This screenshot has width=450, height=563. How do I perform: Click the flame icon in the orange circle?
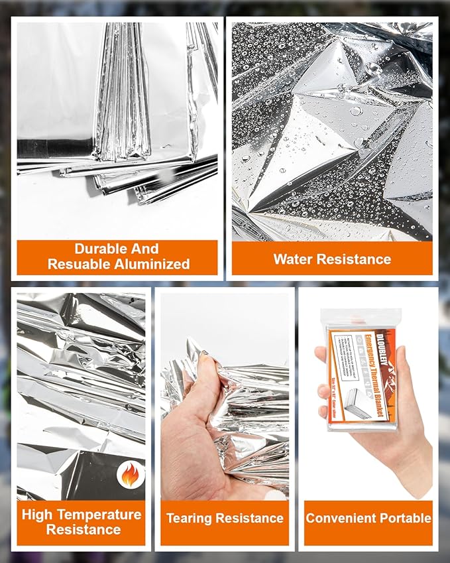[x=130, y=474]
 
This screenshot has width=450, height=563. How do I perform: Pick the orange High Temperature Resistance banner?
[x=81, y=522]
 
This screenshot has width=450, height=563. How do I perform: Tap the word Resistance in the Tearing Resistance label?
[x=253, y=518]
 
